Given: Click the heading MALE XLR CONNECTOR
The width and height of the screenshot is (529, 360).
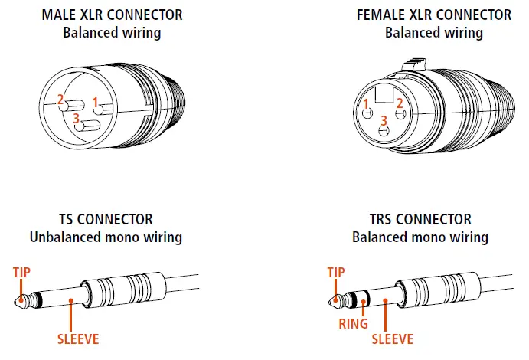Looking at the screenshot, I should (x=113, y=15).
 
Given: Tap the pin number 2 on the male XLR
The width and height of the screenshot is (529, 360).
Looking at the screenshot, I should (x=60, y=100).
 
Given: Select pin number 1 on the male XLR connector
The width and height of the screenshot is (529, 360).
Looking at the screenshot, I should (x=96, y=102).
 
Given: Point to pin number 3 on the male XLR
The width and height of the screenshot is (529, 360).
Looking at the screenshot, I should (x=77, y=119).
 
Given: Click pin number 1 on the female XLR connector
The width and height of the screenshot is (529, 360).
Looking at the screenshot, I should (x=367, y=104).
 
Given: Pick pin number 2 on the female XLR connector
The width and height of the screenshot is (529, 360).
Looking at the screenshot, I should (x=399, y=104).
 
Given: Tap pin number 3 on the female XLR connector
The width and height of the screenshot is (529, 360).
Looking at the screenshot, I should (x=384, y=121).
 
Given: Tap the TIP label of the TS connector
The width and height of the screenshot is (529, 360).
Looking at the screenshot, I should (x=24, y=272).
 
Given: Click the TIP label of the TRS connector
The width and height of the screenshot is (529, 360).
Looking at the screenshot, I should (x=335, y=272).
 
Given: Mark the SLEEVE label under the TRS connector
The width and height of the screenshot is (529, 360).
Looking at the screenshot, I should (x=392, y=339).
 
